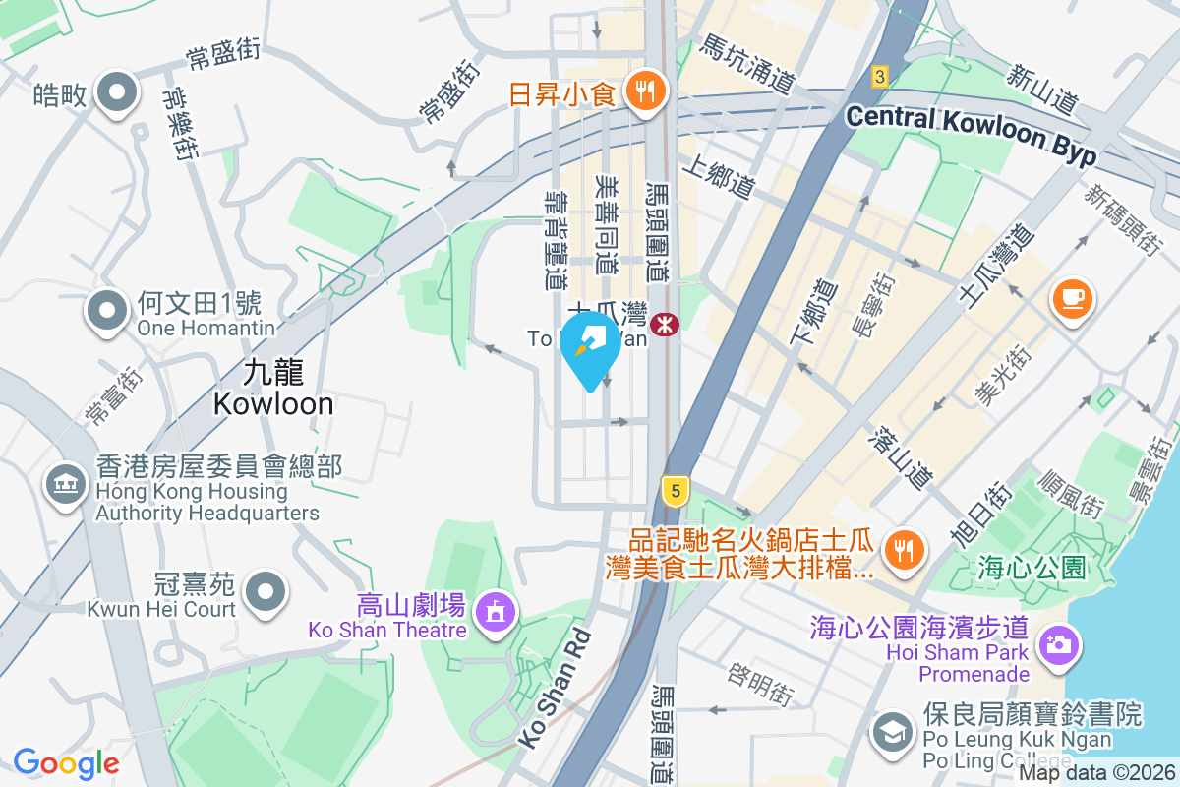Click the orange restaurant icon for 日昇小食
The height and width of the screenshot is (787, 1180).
click(x=645, y=93)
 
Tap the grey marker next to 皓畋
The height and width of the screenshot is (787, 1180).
click(x=118, y=93)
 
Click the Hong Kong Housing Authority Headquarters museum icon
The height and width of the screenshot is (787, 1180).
click(x=65, y=484)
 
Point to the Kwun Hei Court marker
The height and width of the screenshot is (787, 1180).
click(x=265, y=592)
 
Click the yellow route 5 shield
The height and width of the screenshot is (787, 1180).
click(x=674, y=490)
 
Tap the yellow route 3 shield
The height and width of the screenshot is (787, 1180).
click(x=880, y=76)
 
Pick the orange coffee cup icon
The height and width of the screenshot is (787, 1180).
click(x=1073, y=297)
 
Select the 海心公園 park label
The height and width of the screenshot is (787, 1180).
click(x=1031, y=568)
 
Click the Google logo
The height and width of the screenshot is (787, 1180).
click(x=66, y=763)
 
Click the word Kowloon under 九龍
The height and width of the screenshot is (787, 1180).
click(x=273, y=403)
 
